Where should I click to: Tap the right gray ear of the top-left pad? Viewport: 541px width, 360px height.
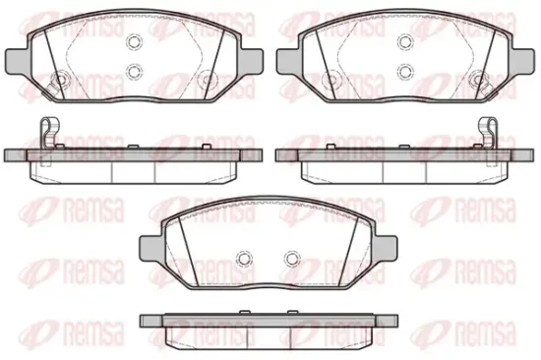[x=251, y=61]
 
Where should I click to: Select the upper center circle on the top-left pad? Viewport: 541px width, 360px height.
[x=134, y=41]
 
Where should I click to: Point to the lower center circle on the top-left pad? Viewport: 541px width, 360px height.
[x=134, y=72]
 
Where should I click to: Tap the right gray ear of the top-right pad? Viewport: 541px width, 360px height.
[x=522, y=61]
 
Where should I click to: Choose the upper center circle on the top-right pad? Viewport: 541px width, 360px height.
[x=405, y=41]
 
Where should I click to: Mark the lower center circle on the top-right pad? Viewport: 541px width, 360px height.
[x=405, y=72]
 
